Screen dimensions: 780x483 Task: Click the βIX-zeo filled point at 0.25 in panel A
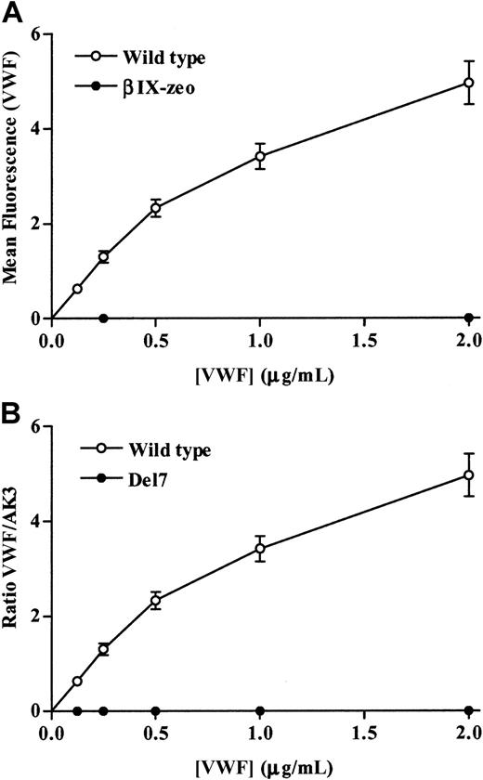(103, 318)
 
